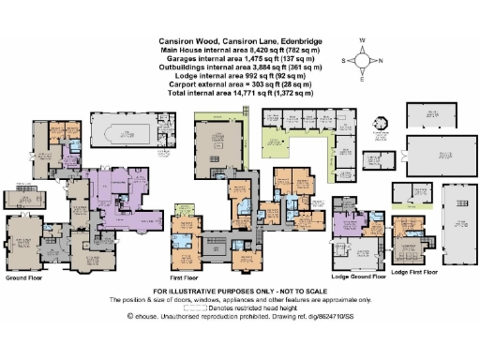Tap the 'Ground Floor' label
click(x=22, y=278)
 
